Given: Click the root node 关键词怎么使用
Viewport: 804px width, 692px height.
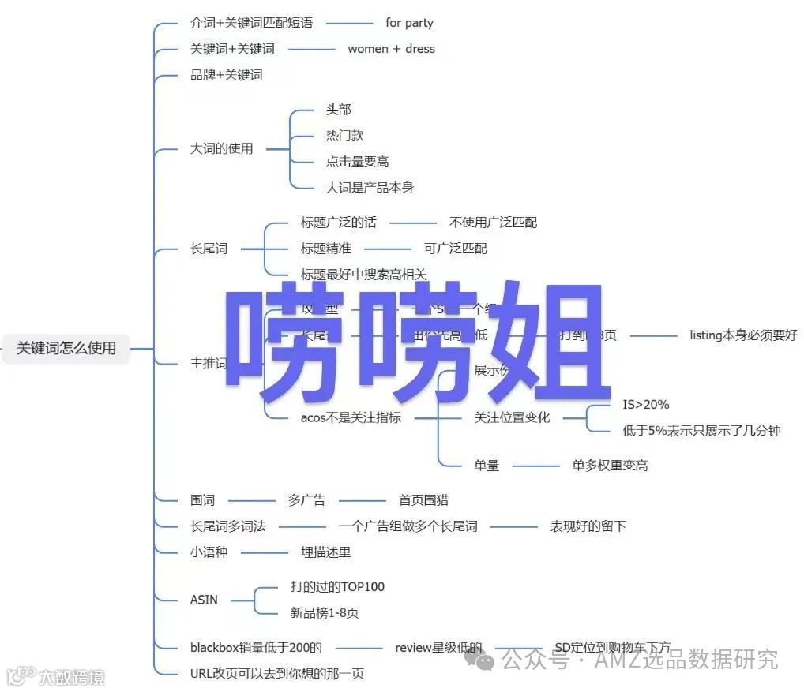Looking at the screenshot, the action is [66, 348].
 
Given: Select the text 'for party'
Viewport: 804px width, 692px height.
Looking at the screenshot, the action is [409, 23].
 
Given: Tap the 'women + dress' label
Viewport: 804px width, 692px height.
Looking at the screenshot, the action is [391, 49].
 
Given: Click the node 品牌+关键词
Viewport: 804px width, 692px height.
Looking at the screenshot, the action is [226, 75].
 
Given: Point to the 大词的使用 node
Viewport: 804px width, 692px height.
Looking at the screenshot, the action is [222, 148].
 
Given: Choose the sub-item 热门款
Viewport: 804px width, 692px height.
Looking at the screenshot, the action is [344, 136].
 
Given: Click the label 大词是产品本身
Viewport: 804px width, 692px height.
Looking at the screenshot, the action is [370, 188].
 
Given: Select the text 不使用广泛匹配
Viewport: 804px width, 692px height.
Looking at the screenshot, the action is [493, 223].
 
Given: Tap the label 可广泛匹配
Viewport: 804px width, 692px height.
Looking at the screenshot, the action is [455, 249].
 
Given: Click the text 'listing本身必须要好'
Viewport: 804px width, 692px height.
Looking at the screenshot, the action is [743, 335].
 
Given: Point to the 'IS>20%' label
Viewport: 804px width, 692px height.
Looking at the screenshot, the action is [645, 405].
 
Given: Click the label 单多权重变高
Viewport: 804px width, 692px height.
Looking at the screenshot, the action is [610, 466].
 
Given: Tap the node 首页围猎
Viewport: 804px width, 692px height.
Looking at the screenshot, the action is [423, 500].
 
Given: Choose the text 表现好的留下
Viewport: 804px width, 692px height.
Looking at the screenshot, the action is [588, 526].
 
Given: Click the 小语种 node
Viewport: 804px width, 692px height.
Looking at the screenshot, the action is [209, 552].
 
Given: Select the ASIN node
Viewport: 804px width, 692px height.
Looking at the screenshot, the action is [204, 600].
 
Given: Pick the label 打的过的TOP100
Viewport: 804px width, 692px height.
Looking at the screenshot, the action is [337, 587].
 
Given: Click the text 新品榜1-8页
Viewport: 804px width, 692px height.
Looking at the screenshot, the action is [325, 613].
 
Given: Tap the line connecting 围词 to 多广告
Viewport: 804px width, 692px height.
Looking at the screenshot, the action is [250, 500].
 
